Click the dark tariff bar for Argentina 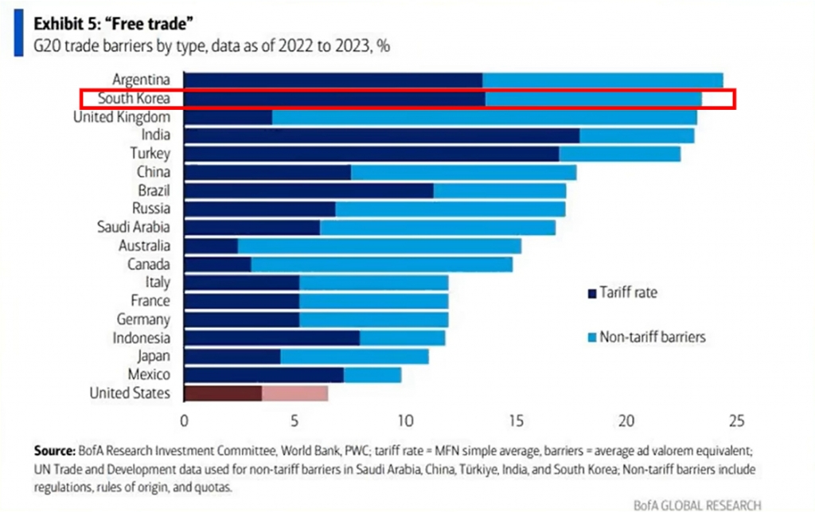pyautogui.click(x=333, y=80)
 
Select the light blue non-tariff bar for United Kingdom pyautogui.click(x=485, y=118)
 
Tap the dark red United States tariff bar pyautogui.click(x=223, y=393)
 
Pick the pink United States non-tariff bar pyautogui.click(x=294, y=393)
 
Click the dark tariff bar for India pyautogui.click(x=381, y=136)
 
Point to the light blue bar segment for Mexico pyautogui.click(x=372, y=374)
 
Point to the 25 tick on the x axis pyautogui.click(x=736, y=420)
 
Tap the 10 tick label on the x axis pyautogui.click(x=405, y=420)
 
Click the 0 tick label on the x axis pyautogui.click(x=185, y=420)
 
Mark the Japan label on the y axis pyautogui.click(x=151, y=356)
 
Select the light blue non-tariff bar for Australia pyautogui.click(x=380, y=246)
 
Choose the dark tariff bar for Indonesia pyautogui.click(x=271, y=338)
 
